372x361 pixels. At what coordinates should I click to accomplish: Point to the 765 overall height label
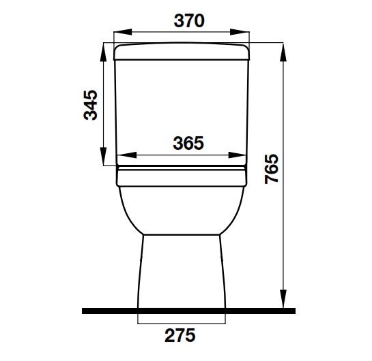271,170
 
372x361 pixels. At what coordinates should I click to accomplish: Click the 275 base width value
180,335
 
